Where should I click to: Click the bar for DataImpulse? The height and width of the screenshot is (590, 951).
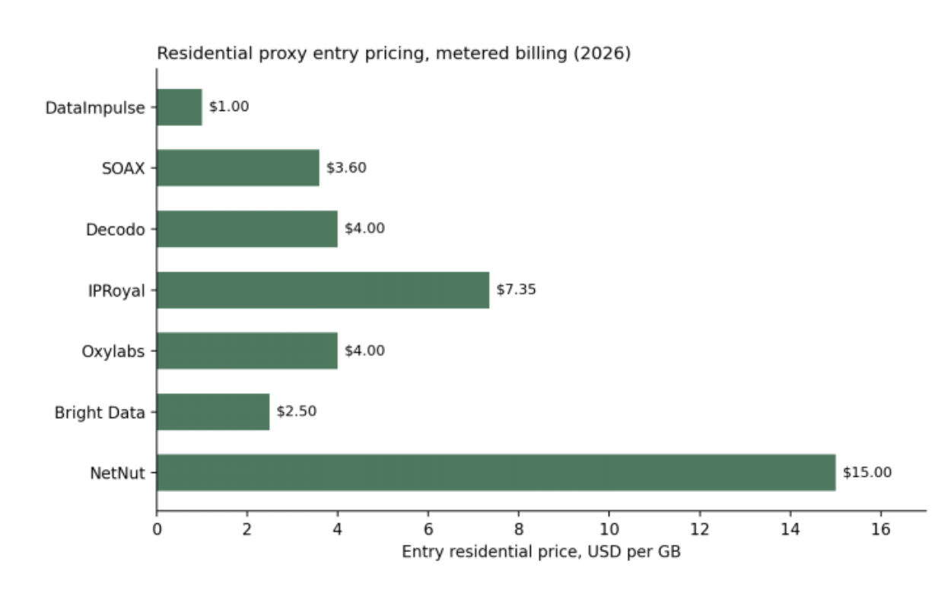tap(180, 107)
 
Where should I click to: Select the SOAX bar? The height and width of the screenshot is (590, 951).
tap(238, 168)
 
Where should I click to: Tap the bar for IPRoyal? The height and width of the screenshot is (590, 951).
tap(323, 290)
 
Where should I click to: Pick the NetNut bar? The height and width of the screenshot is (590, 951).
tap(496, 472)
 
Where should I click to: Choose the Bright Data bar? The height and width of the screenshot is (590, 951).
tap(213, 412)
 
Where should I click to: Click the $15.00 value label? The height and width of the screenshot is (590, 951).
tap(867, 472)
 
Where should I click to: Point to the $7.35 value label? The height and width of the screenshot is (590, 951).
tap(517, 290)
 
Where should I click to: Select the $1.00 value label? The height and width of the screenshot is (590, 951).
tap(229, 106)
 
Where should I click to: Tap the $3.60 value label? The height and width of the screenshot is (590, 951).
tap(346, 167)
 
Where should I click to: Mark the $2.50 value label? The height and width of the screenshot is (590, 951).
tap(297, 411)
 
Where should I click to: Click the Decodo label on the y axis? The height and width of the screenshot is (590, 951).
tap(116, 230)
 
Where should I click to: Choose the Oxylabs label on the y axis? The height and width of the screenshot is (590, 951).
tap(113, 351)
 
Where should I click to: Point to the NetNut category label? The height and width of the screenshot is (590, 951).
tap(118, 473)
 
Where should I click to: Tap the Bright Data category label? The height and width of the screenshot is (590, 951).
tap(100, 413)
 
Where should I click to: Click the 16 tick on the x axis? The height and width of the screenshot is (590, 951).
tap(880, 529)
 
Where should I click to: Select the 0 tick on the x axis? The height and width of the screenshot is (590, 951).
tap(157, 529)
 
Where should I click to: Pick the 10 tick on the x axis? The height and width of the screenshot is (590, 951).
tap(609, 529)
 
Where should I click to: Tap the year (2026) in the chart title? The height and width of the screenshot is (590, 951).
tap(602, 53)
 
